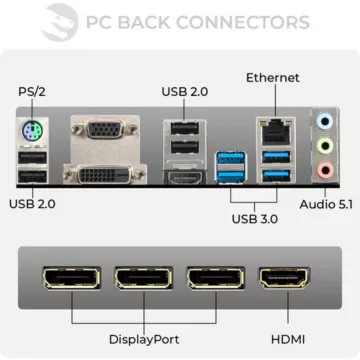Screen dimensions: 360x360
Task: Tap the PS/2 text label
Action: pos(31,92)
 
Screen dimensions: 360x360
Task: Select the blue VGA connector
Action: pos(99,131)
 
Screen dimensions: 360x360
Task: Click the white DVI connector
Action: pos(103,175)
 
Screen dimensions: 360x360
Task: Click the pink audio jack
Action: pos(324,169)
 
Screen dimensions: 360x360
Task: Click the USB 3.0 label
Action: pos(255,220)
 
